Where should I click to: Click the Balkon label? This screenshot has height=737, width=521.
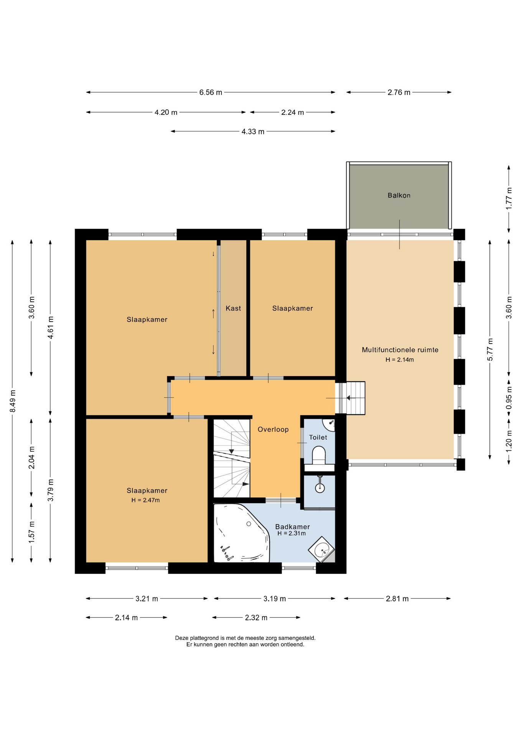(x=399, y=195)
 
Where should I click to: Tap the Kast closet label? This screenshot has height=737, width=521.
(x=233, y=308)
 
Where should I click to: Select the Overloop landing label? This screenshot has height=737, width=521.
(x=273, y=430)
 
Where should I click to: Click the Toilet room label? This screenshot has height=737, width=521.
(x=318, y=437)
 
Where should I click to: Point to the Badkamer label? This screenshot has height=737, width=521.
(x=292, y=527)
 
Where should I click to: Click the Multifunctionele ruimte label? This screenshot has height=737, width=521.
(x=400, y=350)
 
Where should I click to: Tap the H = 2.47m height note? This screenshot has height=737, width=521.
(x=145, y=500)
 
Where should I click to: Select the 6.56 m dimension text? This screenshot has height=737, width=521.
(x=211, y=93)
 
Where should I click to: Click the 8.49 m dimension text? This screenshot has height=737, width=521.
(x=13, y=401)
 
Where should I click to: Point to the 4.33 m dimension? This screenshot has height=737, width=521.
(x=253, y=132)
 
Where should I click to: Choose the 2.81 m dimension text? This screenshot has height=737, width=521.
(x=397, y=598)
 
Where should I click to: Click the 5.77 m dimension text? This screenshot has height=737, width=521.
(x=490, y=349)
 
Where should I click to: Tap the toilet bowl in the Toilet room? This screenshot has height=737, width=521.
(x=319, y=455)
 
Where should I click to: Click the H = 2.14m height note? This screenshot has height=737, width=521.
(x=400, y=360)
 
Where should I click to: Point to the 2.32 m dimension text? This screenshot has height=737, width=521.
(x=256, y=618)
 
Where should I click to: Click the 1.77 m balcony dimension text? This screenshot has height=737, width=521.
(x=509, y=198)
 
